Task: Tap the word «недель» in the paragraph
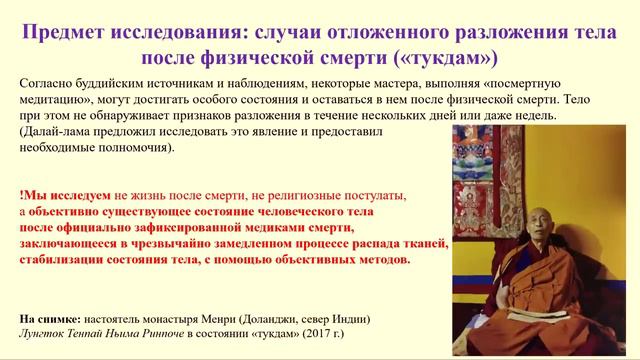click(520, 117)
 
